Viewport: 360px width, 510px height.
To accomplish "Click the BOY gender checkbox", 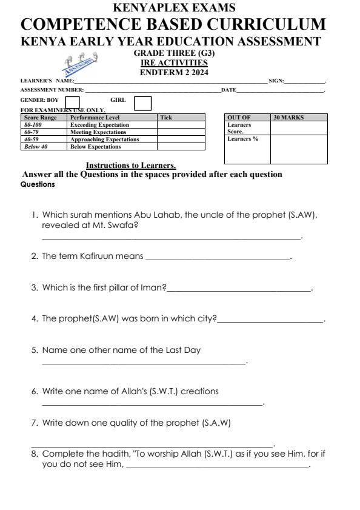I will pyautogui.click(x=72, y=103).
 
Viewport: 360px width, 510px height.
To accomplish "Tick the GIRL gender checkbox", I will pyautogui.click(x=142, y=103).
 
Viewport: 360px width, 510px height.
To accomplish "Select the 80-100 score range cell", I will pyautogui.click(x=32, y=124).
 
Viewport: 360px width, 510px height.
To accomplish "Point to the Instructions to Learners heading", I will pyautogui.click(x=131, y=165).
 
